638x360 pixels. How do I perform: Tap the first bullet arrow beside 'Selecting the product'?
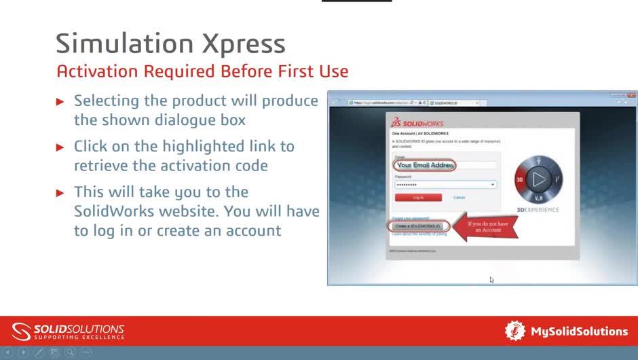(x=60, y=102)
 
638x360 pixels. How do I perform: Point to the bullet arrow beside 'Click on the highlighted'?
(x=60, y=147)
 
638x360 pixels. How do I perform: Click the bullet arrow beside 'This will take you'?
(x=60, y=193)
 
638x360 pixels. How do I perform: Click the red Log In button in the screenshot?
(x=418, y=198)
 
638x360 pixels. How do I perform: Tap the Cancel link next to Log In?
(x=459, y=198)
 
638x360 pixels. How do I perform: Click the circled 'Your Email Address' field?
(x=424, y=165)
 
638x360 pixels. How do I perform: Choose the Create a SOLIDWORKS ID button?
(x=418, y=226)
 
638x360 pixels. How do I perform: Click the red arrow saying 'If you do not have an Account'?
(x=485, y=226)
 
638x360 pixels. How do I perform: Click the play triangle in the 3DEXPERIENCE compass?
(x=539, y=179)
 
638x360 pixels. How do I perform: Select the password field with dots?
(x=445, y=185)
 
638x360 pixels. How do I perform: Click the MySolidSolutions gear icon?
(x=515, y=331)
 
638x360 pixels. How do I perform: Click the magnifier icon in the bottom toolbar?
(x=70, y=353)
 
